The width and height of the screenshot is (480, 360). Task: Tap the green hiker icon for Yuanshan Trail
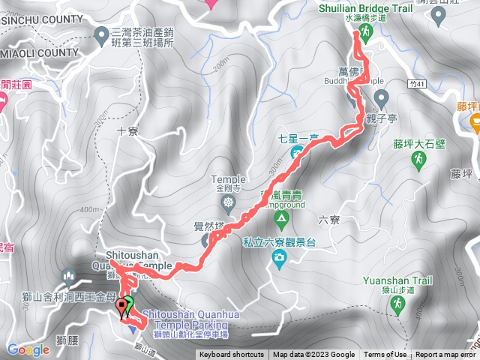(397, 304)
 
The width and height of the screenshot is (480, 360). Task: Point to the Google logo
(28, 349)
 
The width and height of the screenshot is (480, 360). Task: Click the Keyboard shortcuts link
(231, 355)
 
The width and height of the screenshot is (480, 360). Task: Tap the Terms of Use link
(385, 355)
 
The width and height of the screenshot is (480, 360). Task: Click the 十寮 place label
(127, 130)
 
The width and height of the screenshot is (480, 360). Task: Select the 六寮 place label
(329, 220)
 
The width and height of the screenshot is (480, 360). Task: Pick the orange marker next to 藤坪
(475, 124)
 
